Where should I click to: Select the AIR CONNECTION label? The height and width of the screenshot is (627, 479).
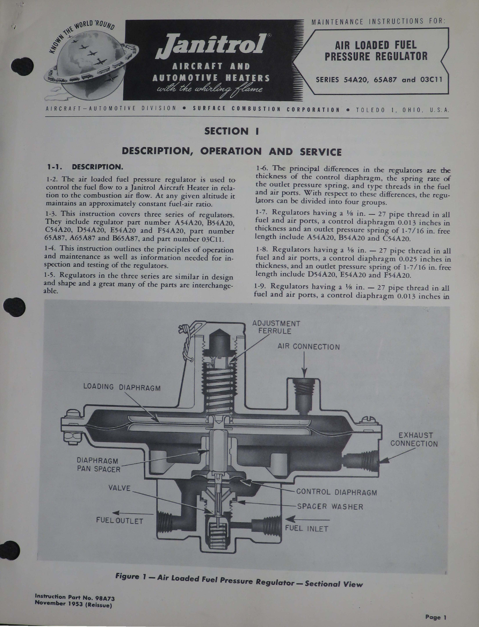[x=308, y=347]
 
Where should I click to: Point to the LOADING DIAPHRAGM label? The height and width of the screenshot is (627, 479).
[x=122, y=387]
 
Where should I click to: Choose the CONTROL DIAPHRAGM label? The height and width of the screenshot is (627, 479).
[x=336, y=492]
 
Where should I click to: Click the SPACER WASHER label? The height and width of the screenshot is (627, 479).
[x=330, y=507]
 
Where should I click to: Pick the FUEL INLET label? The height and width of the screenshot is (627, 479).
[x=307, y=529]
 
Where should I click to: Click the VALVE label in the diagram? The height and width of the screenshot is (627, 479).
[x=119, y=488]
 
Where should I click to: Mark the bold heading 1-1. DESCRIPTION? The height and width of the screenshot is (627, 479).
[x=85, y=167]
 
